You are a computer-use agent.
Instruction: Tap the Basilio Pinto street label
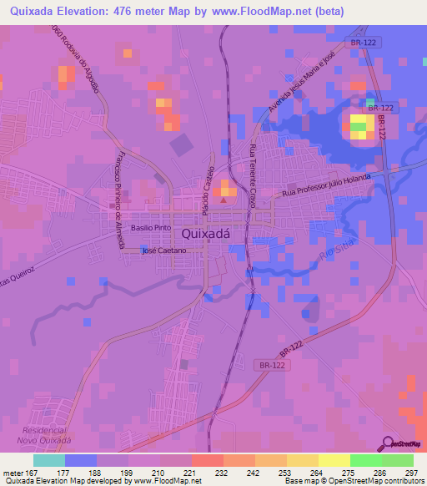coord(150,227)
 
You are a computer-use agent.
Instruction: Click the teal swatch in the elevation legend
coord(48,460)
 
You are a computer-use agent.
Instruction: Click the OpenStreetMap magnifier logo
coord(389,443)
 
